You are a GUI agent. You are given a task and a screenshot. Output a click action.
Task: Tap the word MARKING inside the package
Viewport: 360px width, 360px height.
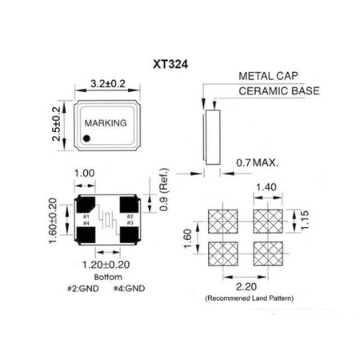pyautogui.click(x=106, y=124)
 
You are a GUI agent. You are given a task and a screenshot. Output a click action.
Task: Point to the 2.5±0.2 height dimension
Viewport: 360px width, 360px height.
pyautogui.click(x=57, y=123)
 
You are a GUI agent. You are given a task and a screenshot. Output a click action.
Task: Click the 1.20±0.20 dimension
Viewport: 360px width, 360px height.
pyautogui.click(x=106, y=262)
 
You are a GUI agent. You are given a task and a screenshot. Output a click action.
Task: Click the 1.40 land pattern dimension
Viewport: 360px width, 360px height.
pyautogui.click(x=266, y=187)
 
